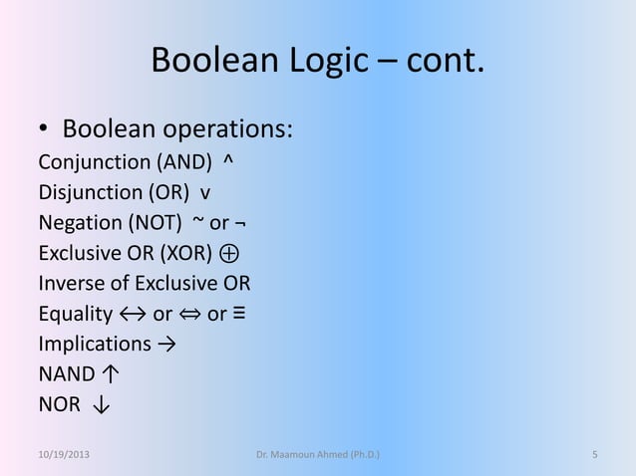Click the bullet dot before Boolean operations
point(44,131)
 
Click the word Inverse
point(71,284)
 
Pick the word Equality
point(75,315)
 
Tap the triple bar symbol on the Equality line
point(240,315)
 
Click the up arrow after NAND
point(111,376)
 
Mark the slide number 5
point(594,456)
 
